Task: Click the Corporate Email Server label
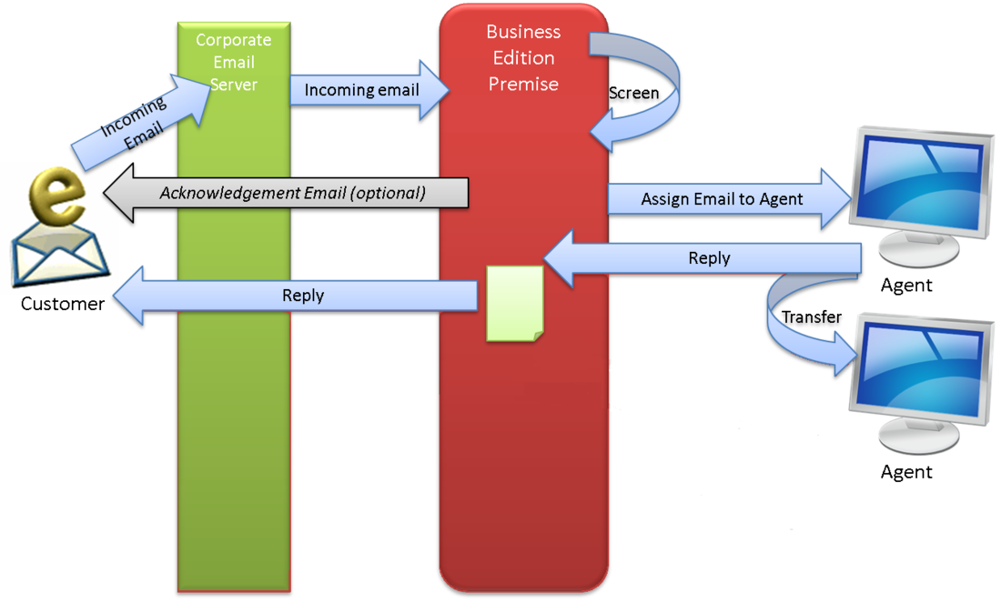click(234, 62)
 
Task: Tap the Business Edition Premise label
click(523, 57)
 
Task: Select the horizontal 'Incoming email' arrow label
click(361, 90)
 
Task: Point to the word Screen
click(633, 93)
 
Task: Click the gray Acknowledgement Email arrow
click(286, 193)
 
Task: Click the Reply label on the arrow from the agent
click(709, 257)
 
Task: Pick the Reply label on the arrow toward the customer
click(303, 296)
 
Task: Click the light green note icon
click(514, 304)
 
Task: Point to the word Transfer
click(812, 317)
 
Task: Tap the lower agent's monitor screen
click(920, 370)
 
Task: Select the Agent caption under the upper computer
click(906, 286)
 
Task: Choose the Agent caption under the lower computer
click(906, 472)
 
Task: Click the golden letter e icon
click(56, 196)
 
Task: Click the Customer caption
click(63, 304)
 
